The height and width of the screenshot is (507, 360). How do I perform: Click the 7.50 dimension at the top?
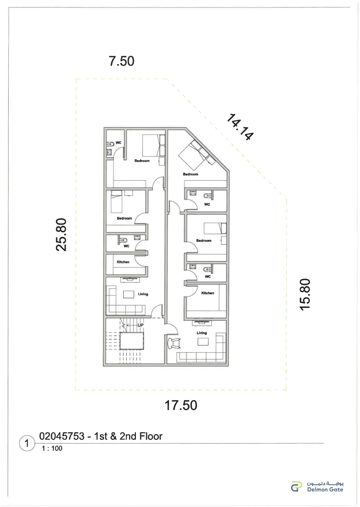[122, 61]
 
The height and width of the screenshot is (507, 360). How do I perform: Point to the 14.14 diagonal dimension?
[240, 127]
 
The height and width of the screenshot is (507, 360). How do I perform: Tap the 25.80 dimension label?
[61, 234]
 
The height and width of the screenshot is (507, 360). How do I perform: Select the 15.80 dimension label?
[305, 294]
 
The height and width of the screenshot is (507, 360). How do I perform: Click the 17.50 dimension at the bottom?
[181, 405]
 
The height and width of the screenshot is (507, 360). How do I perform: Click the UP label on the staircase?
[141, 325]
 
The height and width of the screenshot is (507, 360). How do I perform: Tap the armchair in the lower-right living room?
[174, 343]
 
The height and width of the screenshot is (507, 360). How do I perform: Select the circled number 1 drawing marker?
[27, 443]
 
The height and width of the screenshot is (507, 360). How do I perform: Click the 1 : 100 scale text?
[52, 448]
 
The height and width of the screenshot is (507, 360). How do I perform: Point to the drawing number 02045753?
[62, 436]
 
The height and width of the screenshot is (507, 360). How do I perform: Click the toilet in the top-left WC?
[110, 144]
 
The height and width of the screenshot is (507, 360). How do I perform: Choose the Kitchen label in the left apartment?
[123, 262]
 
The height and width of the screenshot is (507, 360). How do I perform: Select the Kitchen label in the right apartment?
[208, 293]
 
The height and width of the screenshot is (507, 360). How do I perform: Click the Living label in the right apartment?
[202, 333]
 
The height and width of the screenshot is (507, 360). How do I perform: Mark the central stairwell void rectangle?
[131, 341]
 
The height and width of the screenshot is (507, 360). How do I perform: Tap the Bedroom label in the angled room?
[190, 174]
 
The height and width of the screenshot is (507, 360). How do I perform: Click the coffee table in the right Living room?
[203, 342]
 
